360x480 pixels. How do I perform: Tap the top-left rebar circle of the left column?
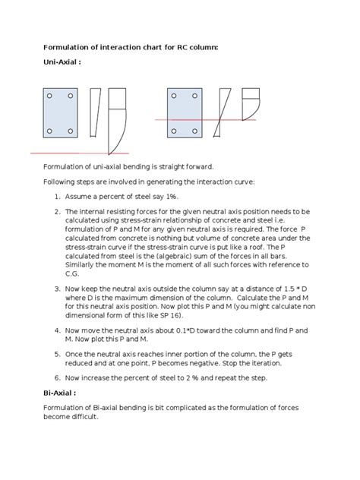(x=50, y=96)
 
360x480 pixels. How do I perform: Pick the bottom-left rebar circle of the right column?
(x=175, y=131)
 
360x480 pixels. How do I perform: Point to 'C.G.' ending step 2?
(x=74, y=273)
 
